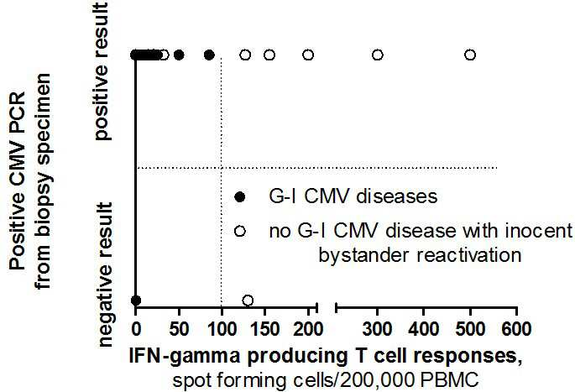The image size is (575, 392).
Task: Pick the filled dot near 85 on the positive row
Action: [209, 55]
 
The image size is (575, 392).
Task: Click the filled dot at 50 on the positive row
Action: [179, 55]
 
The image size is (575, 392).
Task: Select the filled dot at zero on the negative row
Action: [136, 301]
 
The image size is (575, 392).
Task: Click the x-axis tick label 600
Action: [516, 329]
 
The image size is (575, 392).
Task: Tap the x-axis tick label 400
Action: [424, 329]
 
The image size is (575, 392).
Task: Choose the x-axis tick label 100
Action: [221, 329]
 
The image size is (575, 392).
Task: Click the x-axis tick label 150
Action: [264, 329]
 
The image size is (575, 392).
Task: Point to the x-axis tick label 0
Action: [136, 329]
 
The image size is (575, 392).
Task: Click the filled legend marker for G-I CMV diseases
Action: [240, 197]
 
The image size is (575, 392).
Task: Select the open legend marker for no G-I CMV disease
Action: [240, 231]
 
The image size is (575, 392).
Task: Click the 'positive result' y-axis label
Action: [102, 71]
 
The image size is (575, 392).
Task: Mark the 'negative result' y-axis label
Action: [105, 274]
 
